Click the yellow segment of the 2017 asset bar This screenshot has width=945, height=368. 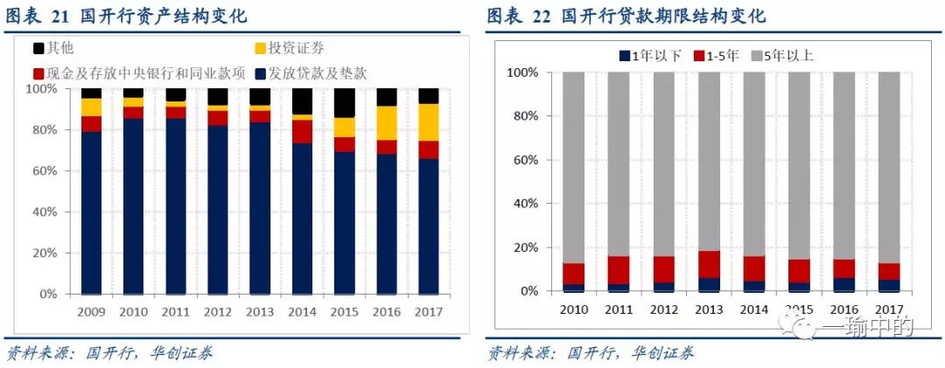pyautogui.click(x=428, y=122)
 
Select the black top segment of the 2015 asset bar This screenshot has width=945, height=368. pyautogui.click(x=344, y=102)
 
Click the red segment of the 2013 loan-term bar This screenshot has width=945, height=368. pyautogui.click(x=710, y=265)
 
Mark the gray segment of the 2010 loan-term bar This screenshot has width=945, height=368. pyautogui.click(x=573, y=167)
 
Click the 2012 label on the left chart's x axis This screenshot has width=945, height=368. pyautogui.click(x=217, y=311)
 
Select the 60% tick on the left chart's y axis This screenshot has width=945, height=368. pyautogui.click(x=44, y=170)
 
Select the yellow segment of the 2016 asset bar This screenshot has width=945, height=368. pyautogui.click(x=386, y=123)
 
